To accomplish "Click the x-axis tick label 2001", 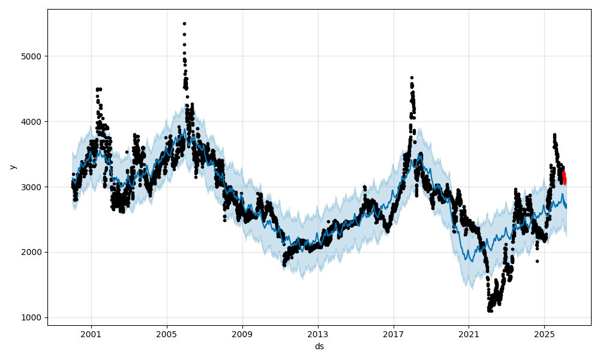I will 91,334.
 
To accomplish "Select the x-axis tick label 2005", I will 167,334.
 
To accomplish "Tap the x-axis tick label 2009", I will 242,334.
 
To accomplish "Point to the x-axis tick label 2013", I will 318,334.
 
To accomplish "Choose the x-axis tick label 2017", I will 394,334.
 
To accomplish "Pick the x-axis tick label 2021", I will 469,334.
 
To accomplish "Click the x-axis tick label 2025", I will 544,334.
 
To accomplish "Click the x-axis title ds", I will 319,346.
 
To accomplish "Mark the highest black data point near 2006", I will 184,23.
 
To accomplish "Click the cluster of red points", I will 564,178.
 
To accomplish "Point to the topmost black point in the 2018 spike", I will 412,77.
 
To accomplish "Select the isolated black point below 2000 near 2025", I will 537,261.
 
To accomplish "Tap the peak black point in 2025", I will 554,135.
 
